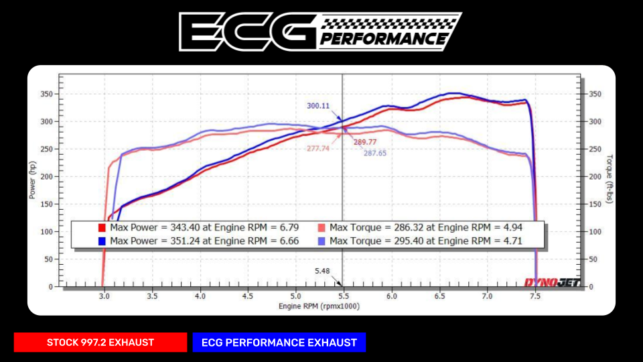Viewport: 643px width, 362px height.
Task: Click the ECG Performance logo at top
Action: (320, 31)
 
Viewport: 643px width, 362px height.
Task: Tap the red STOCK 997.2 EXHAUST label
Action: (100, 343)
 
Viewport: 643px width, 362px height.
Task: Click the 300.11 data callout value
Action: (318, 106)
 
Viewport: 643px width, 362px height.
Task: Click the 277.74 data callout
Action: (317, 149)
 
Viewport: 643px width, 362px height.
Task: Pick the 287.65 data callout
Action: (375, 153)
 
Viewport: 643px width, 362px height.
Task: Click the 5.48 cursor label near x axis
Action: (323, 271)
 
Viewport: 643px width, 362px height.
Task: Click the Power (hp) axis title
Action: (31, 179)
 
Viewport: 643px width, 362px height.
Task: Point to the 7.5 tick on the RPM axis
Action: (535, 295)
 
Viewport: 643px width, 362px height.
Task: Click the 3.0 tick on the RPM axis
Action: (104, 295)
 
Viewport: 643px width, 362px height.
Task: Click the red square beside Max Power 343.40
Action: (102, 227)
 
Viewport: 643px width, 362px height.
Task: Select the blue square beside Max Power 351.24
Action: (102, 241)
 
